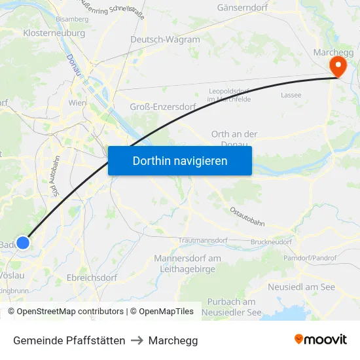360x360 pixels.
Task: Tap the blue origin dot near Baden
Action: tap(23, 243)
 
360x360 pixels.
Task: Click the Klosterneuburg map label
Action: tap(54, 33)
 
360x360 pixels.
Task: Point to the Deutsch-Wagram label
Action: tap(165, 40)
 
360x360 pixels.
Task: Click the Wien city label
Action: tap(77, 103)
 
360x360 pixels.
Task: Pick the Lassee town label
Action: tap(291, 95)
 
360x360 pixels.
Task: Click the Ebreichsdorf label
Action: tap(92, 278)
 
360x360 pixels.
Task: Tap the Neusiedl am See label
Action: tap(301, 287)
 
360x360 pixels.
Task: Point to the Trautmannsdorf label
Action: tap(202, 241)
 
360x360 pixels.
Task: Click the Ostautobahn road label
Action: tap(247, 217)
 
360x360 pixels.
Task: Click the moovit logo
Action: tap(321, 339)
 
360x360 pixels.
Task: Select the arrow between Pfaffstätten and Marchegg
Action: tap(137, 340)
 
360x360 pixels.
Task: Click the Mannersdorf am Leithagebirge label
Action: tap(188, 264)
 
